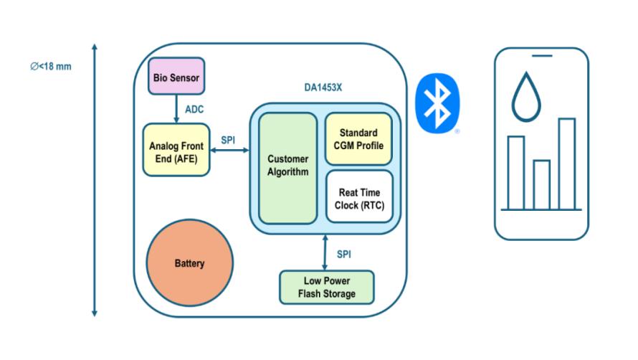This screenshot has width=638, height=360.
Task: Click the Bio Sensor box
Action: (176, 75)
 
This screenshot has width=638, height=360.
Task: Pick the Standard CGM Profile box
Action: (359, 138)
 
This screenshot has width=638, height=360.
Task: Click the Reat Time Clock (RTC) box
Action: (359, 197)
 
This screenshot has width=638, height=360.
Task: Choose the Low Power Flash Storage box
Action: (326, 286)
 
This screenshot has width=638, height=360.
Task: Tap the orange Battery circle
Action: (189, 263)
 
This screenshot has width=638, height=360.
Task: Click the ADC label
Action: (195, 111)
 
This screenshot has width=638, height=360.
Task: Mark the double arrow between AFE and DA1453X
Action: (229, 150)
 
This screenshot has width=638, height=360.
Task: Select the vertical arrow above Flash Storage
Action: (325, 253)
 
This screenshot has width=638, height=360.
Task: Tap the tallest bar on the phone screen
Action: (566, 164)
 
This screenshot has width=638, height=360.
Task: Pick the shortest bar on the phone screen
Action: (541, 184)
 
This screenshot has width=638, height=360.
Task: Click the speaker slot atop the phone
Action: (541, 55)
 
